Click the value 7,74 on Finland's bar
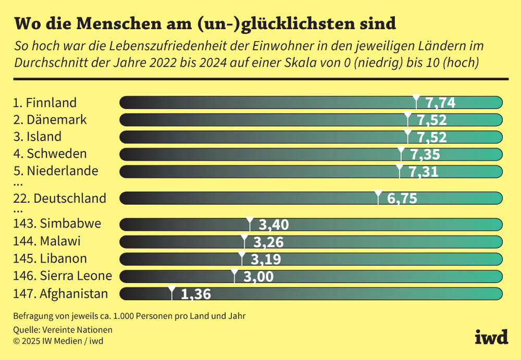pyautogui.click(x=440, y=103)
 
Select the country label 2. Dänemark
pyautogui.click(x=50, y=120)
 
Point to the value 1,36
pyautogui.click(x=196, y=294)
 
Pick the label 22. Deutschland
pyautogui.click(x=59, y=198)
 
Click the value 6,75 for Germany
pyautogui.click(x=402, y=198)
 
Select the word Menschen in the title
pyautogui.click(x=114, y=23)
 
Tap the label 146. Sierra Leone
pyautogui.click(x=63, y=276)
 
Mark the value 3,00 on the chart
pyautogui.click(x=258, y=277)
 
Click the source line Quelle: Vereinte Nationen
pyautogui.click(x=63, y=330)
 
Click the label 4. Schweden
pyautogui.click(x=50, y=154)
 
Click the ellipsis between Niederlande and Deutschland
pyautogui.click(x=18, y=184)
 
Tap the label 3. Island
pyautogui.click(x=38, y=137)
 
